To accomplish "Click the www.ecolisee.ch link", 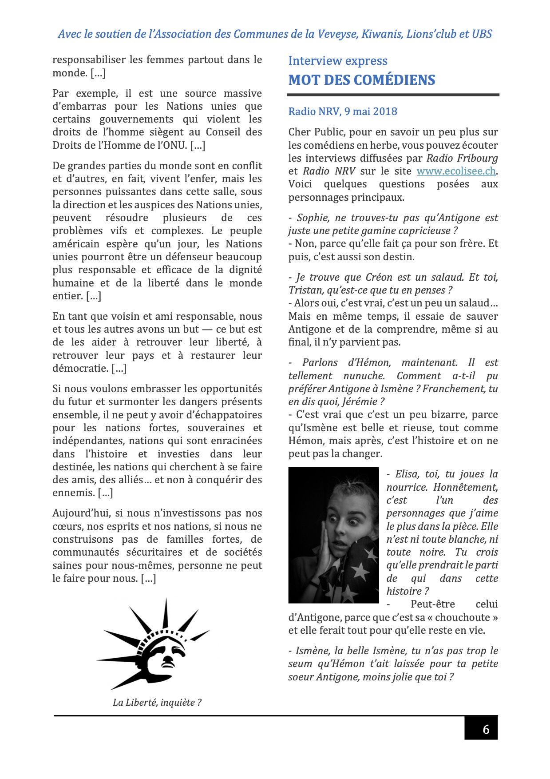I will [456, 171].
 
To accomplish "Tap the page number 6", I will [486, 729].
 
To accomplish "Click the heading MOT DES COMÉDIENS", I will [362, 80].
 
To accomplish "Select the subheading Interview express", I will [338, 61].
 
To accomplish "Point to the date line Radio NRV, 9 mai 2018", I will [343, 111].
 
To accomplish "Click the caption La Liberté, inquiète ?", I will [157, 702].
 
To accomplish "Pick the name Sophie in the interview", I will [313, 218].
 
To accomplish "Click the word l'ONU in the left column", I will [172, 145].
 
